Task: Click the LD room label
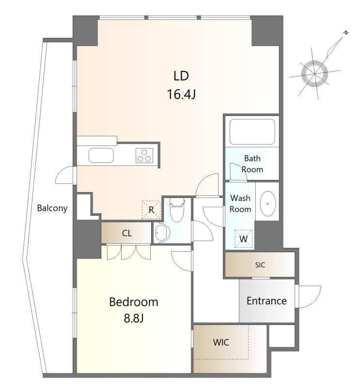[x=181, y=76]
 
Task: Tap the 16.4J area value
[x=182, y=94]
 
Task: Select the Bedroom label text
[x=134, y=302]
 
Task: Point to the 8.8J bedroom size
[x=134, y=318]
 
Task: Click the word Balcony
[x=52, y=208]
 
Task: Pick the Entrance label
[x=266, y=301]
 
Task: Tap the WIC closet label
[x=221, y=342]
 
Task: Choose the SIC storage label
[x=260, y=265]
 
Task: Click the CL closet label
[x=127, y=233]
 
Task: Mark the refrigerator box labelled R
[x=151, y=210]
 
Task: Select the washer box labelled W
[x=244, y=239]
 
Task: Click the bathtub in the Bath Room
[x=252, y=132]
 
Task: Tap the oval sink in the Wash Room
[x=267, y=204]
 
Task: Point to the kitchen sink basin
[x=101, y=156]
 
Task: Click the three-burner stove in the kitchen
[x=144, y=156]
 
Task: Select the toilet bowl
[x=177, y=212]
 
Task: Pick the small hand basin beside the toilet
[x=162, y=232]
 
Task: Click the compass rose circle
[x=314, y=74]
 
